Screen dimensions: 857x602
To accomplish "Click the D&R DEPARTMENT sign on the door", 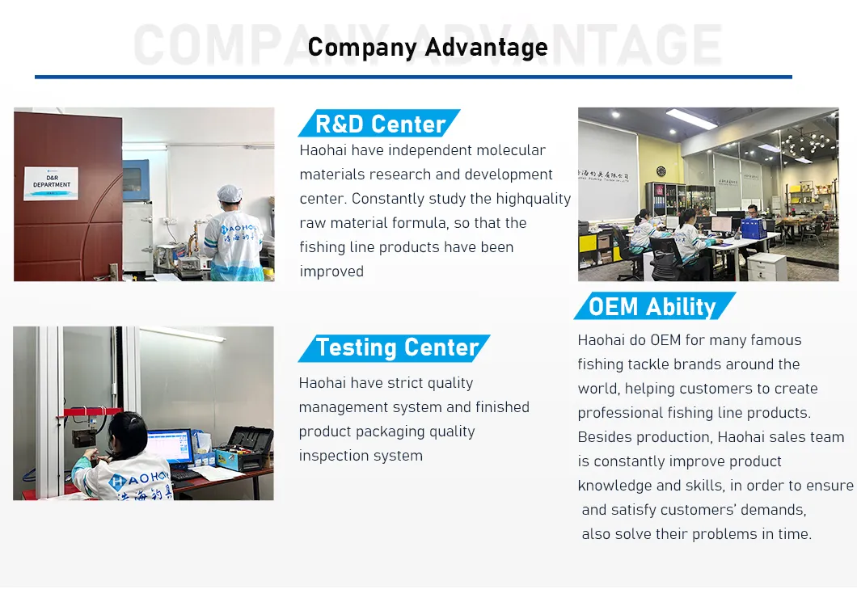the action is coord(52,183).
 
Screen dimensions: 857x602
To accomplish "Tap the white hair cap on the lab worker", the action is coord(229,193).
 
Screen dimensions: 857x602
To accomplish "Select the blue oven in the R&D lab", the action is coord(136,180).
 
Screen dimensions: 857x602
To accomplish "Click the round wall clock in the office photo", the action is coord(661,171).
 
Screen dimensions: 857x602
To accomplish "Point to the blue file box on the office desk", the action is coord(754,228).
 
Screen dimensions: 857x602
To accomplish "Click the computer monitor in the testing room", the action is coord(170,446).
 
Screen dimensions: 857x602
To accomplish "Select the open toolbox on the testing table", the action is coord(243,449).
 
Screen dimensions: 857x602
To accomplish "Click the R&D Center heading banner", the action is coord(379,124).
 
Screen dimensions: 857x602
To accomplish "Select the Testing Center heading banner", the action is coord(395,348).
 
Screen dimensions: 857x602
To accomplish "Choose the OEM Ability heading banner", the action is coord(655,306).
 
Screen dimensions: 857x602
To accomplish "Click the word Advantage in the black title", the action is coord(487,47).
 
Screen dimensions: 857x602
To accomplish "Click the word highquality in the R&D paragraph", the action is coord(534,200).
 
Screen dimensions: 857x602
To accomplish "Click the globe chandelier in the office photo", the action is coord(804,142).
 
